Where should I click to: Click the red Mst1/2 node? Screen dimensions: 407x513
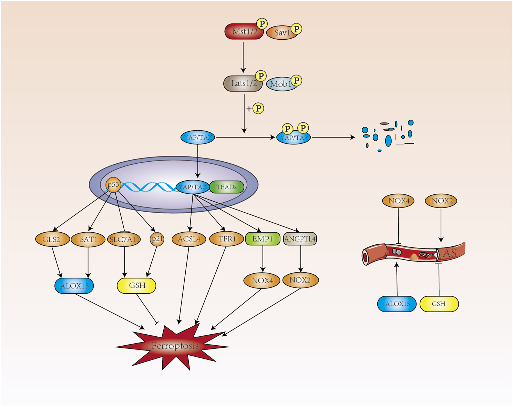pyautogui.click(x=244, y=32)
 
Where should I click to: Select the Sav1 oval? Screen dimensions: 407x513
pyautogui.click(x=282, y=33)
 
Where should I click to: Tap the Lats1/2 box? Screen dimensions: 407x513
pyautogui.click(x=243, y=84)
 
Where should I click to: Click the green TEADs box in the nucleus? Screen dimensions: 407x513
pyautogui.click(x=226, y=187)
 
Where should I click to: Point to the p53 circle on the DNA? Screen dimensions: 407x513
pyautogui.click(x=113, y=185)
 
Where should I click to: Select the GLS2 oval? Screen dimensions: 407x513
pyautogui.click(x=52, y=239)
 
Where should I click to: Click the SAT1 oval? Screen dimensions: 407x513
pyautogui.click(x=88, y=239)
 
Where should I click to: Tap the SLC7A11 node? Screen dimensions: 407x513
pyautogui.click(x=124, y=239)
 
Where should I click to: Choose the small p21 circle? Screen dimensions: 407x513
pyautogui.click(x=157, y=239)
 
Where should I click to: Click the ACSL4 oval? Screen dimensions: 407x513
pyautogui.click(x=189, y=239)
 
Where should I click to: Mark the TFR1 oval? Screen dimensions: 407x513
pyautogui.click(x=226, y=239)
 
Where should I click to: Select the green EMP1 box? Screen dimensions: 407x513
pyautogui.click(x=263, y=239)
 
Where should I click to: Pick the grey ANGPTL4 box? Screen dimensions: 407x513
pyautogui.click(x=300, y=239)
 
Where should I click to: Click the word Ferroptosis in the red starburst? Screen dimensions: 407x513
pyautogui.click(x=175, y=346)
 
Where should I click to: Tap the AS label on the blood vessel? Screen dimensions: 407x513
pyautogui.click(x=450, y=253)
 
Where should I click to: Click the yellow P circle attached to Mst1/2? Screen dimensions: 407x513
pyautogui.click(x=262, y=24)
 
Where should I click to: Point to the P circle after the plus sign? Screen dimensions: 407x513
pyautogui.click(x=258, y=109)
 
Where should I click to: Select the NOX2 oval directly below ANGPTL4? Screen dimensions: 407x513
pyautogui.click(x=300, y=280)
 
